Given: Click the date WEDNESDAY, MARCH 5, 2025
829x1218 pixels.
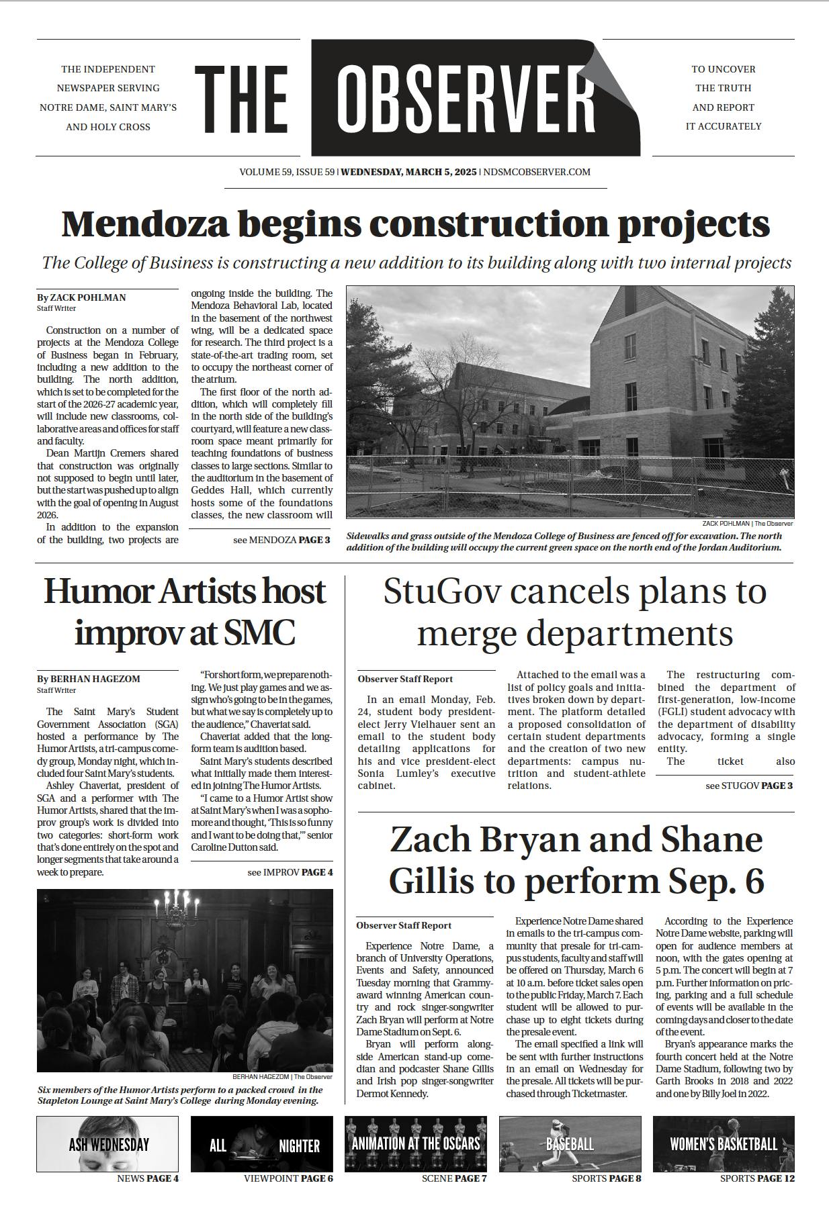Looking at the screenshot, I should pyautogui.click(x=408, y=172).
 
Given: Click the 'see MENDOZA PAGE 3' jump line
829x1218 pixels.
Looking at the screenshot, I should pyautogui.click(x=281, y=539).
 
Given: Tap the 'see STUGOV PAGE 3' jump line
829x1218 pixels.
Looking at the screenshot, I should pyautogui.click(x=749, y=785).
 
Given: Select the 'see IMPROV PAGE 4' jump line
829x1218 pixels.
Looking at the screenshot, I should pyautogui.click(x=290, y=872).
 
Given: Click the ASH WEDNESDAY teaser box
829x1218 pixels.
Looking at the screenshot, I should pyautogui.click(x=107, y=1144).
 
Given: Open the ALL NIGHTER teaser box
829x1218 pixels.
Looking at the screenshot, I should pyautogui.click(x=262, y=1144).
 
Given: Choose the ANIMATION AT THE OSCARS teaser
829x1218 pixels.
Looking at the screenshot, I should pyautogui.click(x=416, y=1143).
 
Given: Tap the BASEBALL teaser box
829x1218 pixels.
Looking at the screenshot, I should pyautogui.click(x=570, y=1143).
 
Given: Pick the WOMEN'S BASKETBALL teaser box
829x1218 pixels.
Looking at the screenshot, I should pyautogui.click(x=724, y=1143).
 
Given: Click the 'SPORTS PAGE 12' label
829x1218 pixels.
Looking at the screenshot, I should pyautogui.click(x=757, y=1178).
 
